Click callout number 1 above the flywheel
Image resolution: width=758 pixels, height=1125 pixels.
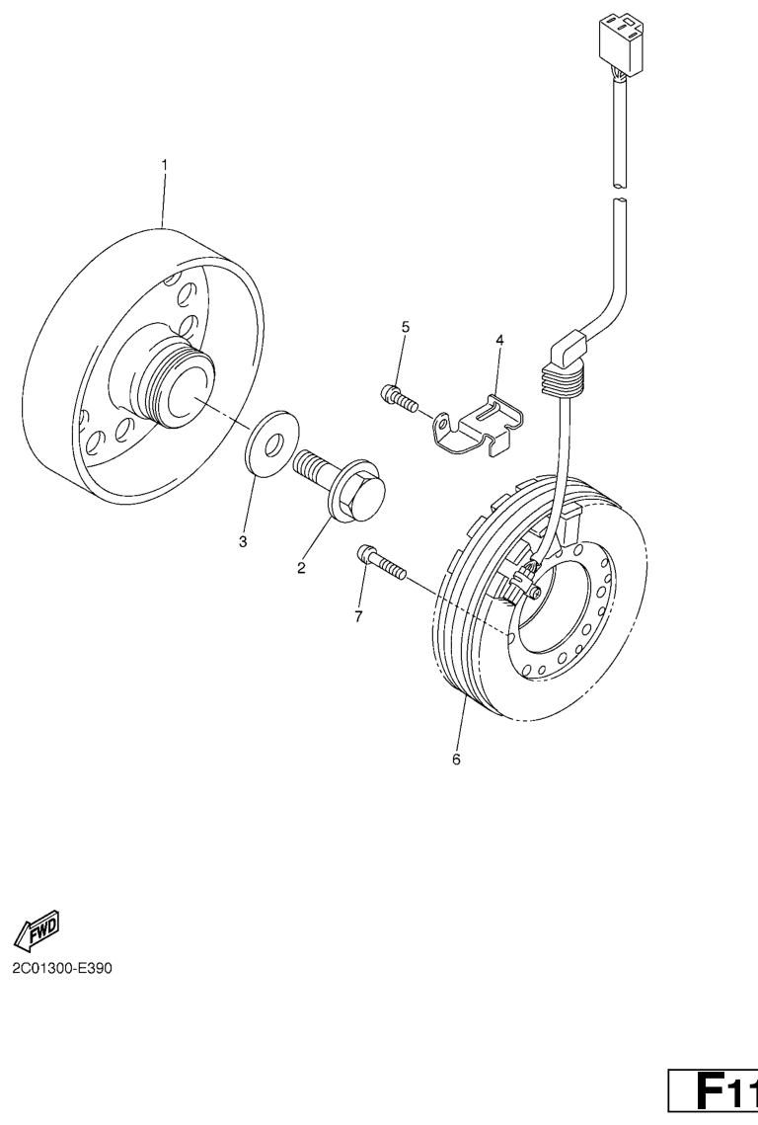[x=164, y=165]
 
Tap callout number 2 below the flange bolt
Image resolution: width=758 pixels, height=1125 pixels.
[x=301, y=568]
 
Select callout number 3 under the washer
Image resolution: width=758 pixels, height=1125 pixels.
[x=243, y=541]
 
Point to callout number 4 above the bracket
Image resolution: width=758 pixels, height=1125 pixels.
[x=499, y=340]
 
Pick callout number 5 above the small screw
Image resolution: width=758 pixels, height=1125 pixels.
[x=406, y=327]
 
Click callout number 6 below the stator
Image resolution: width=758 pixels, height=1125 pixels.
[x=456, y=760]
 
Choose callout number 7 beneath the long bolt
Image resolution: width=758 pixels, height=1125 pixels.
[x=358, y=615]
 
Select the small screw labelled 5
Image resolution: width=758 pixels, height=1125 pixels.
[x=397, y=398]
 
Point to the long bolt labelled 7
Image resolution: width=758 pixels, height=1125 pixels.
[x=381, y=563]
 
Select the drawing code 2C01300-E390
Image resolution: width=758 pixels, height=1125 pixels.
[x=61, y=969]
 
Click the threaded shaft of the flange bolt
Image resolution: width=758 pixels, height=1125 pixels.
[x=313, y=466]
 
